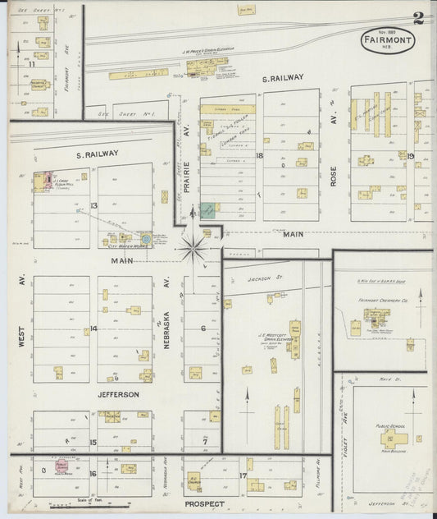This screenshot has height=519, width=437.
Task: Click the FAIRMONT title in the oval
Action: coord(385,39)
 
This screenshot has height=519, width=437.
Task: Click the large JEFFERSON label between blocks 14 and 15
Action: coord(120,394)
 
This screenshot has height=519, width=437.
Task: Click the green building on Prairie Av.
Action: coord(208,210)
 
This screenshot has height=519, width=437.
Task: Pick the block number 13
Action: coord(95,205)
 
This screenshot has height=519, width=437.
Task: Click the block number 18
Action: coord(259,155)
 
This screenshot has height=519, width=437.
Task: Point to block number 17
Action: coord(244,475)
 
